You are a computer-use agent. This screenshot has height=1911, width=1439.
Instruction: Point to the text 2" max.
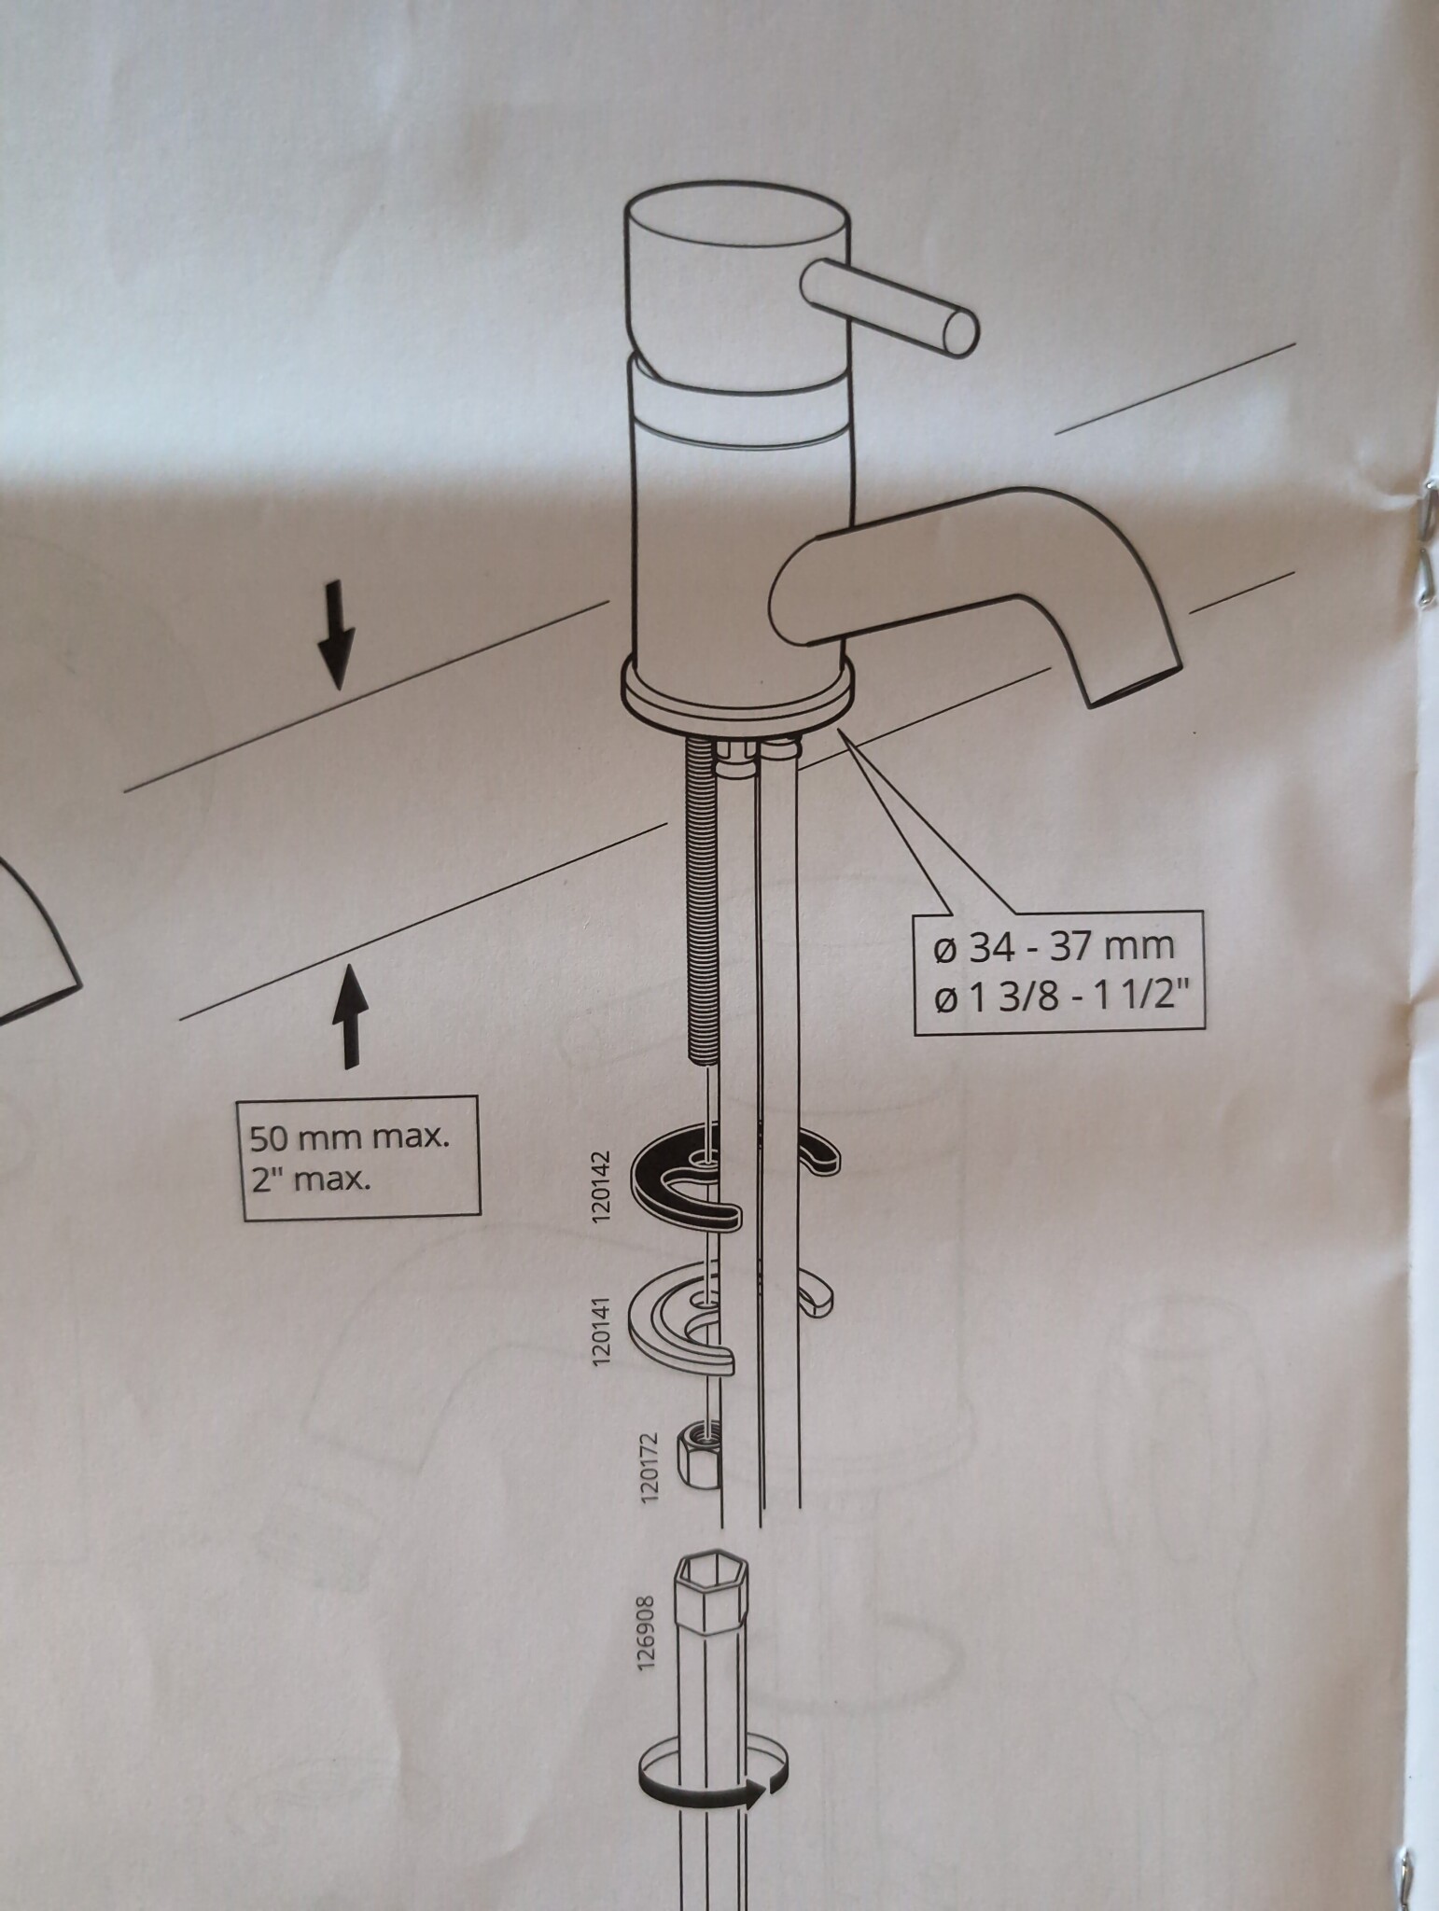tap(310, 1181)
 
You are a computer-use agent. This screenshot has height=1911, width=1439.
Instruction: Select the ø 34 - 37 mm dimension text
tap(1054, 947)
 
